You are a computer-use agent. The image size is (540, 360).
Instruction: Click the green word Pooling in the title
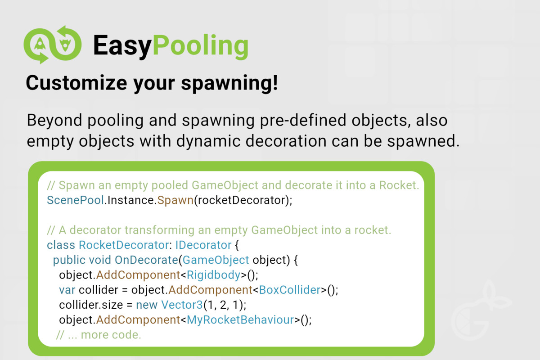(x=201, y=46)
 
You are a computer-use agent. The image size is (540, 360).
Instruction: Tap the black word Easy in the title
(x=122, y=46)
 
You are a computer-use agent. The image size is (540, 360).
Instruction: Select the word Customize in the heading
(x=76, y=83)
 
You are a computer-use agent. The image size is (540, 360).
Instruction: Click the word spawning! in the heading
(x=229, y=84)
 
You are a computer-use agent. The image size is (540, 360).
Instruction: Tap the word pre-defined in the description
(x=303, y=120)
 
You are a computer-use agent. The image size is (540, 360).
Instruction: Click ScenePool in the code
(x=76, y=200)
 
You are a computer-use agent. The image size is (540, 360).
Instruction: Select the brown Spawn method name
(x=175, y=201)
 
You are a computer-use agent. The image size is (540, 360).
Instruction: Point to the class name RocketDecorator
(x=124, y=245)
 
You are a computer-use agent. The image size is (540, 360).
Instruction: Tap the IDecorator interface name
(x=203, y=245)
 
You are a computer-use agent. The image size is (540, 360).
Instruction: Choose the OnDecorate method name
(x=146, y=260)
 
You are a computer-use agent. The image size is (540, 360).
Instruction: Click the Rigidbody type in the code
(x=214, y=275)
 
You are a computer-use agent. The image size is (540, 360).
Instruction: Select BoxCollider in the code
(x=290, y=290)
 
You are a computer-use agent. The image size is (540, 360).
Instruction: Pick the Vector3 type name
(x=182, y=305)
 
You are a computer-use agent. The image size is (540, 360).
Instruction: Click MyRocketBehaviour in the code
(x=240, y=320)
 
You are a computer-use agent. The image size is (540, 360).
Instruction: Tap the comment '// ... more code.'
(x=99, y=335)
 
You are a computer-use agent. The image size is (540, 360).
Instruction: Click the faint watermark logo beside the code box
(x=480, y=311)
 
